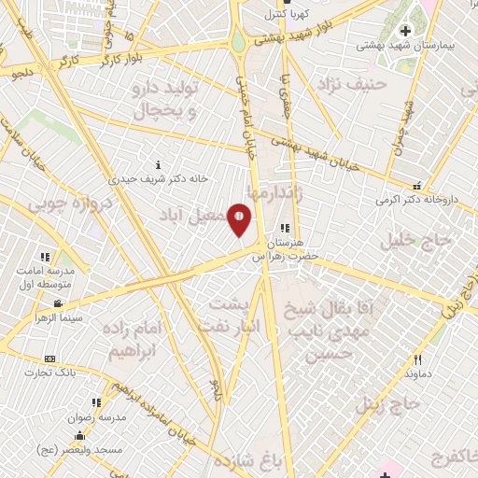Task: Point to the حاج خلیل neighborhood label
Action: click(415, 240)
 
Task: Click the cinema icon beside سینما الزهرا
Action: click(58, 304)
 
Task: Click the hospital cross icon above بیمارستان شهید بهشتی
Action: click(404, 31)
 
